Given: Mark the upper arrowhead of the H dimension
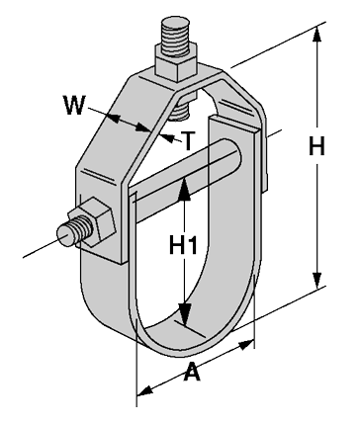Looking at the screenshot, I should click(317, 33).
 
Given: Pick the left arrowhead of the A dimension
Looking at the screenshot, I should click(142, 390).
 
